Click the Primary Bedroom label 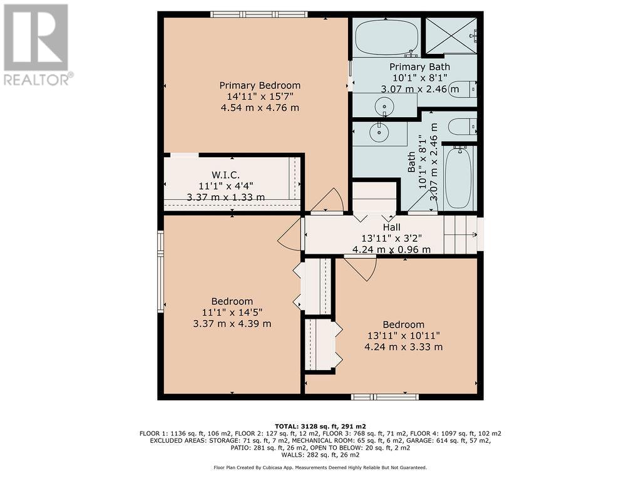(x=260, y=85)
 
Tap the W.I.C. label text (x=225, y=175)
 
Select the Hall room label (x=391, y=227)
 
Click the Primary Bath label (x=419, y=66)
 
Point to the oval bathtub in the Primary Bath (x=386, y=38)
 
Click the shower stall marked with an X (x=451, y=35)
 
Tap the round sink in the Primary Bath (x=384, y=106)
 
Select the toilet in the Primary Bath (x=463, y=89)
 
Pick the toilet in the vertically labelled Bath (x=463, y=127)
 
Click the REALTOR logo (x=37, y=45)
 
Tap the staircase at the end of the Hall (x=461, y=234)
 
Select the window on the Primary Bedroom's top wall (x=259, y=14)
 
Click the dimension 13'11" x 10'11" (x=404, y=336)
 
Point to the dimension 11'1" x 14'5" (x=232, y=313)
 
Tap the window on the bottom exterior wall (x=385, y=396)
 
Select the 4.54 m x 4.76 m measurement (x=260, y=108)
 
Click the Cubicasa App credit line (x=320, y=467)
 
